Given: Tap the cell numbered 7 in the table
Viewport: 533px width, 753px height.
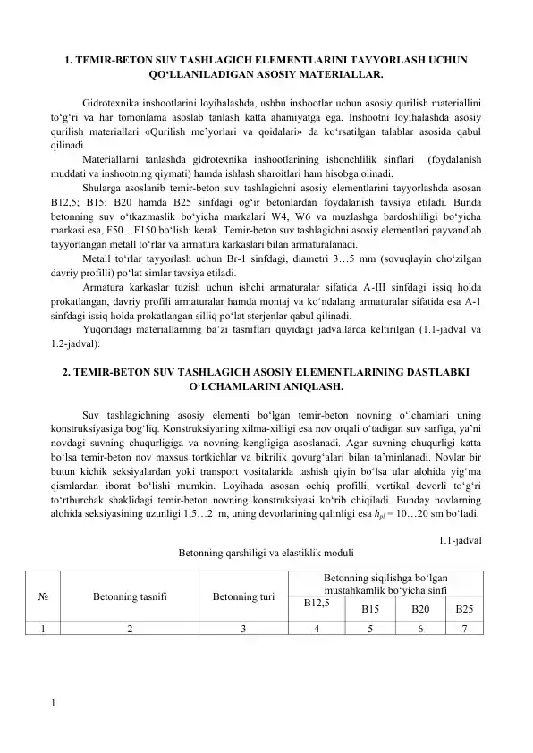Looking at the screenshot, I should tap(464, 628).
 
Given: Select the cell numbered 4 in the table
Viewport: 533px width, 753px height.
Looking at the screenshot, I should tap(317, 628).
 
